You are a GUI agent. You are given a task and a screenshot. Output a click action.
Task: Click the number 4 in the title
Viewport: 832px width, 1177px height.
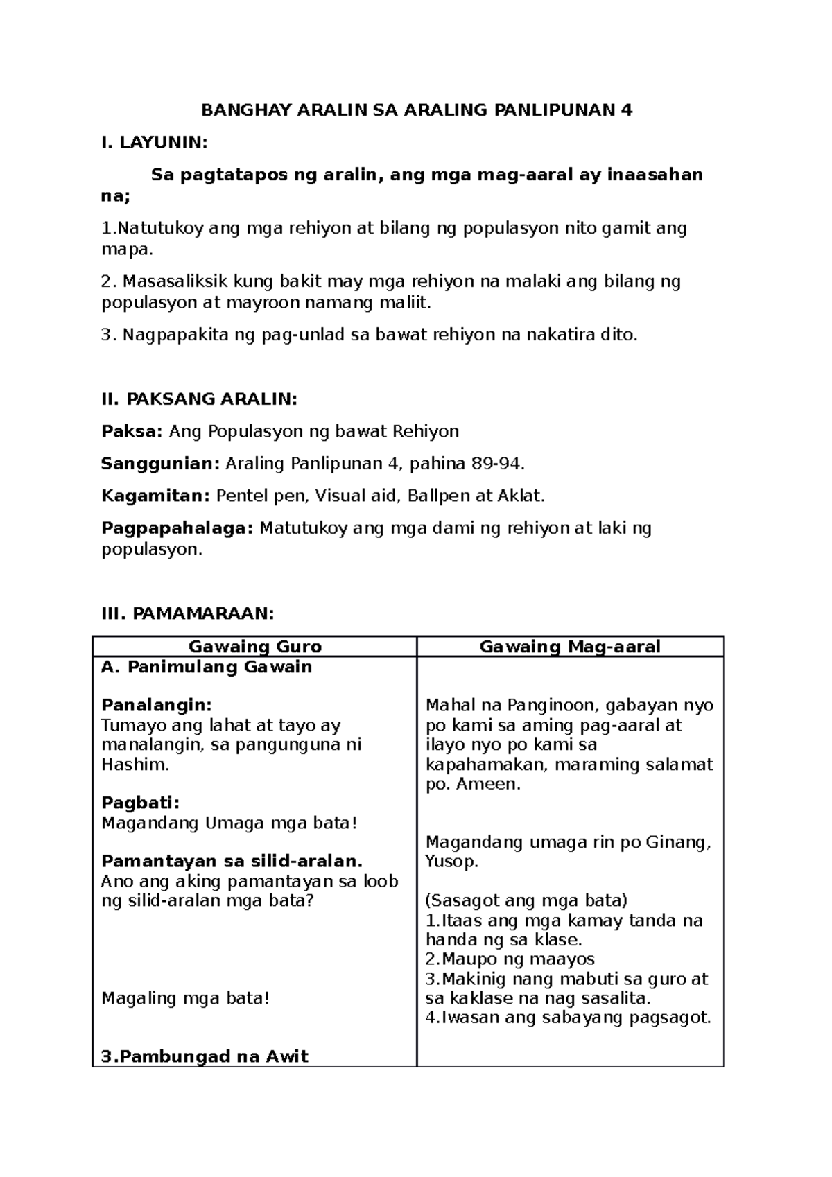click(x=627, y=110)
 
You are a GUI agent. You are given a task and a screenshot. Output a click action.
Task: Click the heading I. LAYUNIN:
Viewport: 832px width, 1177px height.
click(x=153, y=143)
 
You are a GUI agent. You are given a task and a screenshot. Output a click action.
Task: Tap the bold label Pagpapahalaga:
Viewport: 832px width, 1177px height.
click(x=177, y=528)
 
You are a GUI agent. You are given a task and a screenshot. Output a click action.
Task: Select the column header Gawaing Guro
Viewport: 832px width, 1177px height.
click(x=255, y=647)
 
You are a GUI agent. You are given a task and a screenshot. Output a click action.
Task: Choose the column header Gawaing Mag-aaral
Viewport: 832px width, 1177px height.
click(x=570, y=647)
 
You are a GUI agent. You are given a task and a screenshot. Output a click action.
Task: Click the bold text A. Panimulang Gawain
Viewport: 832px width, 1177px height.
click(x=206, y=667)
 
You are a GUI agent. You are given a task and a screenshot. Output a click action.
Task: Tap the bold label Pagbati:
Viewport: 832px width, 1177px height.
click(x=140, y=803)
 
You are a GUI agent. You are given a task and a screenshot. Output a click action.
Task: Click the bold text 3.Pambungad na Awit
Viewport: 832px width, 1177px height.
click(x=205, y=1056)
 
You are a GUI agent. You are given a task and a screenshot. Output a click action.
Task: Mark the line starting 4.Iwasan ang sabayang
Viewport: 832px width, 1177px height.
click(x=568, y=1018)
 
